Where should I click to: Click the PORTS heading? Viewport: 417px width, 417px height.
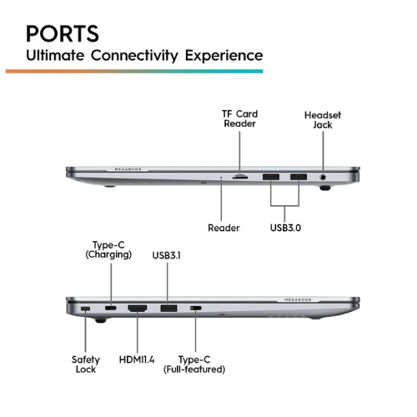63,33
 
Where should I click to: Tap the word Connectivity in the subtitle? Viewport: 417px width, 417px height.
135,56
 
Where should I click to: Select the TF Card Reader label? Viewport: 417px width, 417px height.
239,118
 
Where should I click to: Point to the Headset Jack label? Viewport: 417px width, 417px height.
323,120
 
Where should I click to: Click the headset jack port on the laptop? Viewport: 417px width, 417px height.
323,177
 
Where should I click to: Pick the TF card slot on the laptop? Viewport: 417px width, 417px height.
240,176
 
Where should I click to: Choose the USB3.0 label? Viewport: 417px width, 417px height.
285,228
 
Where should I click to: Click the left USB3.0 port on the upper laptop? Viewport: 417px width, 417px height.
271,177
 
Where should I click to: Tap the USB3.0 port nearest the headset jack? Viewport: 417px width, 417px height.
299,177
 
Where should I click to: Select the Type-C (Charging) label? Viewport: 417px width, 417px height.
108,250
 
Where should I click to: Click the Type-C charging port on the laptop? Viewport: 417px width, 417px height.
111,308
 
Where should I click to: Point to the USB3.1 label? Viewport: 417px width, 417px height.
167,255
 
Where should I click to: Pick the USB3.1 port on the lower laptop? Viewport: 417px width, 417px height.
168,308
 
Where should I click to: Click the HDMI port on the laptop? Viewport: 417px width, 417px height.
138,308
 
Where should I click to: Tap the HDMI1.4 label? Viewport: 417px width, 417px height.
137,359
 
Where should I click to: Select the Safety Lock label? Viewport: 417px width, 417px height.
86,364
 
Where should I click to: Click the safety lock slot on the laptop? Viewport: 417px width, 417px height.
85,309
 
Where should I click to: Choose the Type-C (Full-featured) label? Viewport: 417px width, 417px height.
194,364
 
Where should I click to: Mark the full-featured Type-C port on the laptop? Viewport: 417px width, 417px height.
196,308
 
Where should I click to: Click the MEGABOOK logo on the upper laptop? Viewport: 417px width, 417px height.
128,169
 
